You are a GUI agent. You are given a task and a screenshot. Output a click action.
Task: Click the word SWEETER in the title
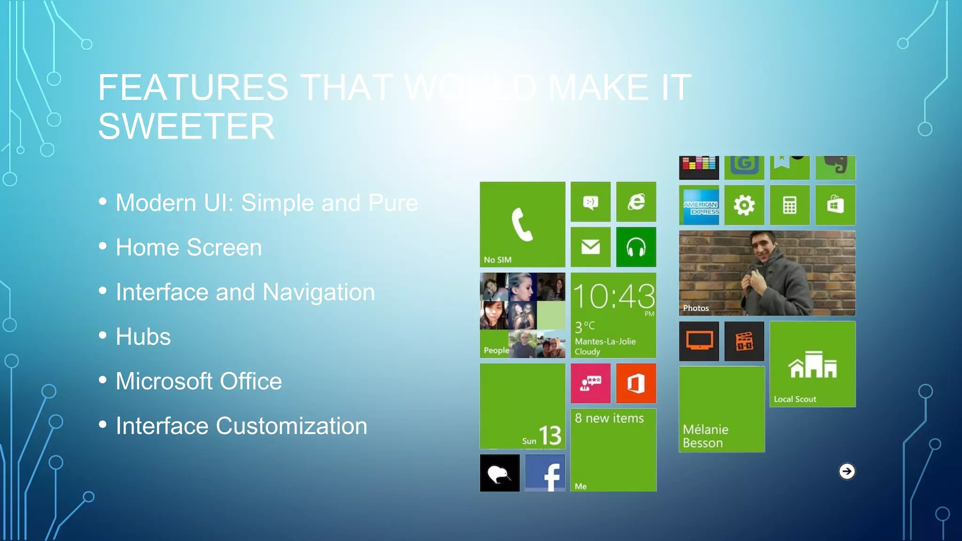click(x=186, y=127)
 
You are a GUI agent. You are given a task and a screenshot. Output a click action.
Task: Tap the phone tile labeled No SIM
click(x=522, y=224)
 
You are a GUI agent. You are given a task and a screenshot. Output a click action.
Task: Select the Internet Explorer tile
click(x=636, y=202)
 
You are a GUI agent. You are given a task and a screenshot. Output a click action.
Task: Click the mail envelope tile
click(x=590, y=247)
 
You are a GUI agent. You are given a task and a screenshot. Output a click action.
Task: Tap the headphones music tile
click(x=636, y=247)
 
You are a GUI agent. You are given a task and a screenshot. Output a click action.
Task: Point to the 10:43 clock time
click(x=613, y=297)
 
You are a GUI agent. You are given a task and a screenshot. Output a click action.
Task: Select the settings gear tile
click(x=744, y=205)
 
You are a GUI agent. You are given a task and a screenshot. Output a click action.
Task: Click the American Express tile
click(x=699, y=205)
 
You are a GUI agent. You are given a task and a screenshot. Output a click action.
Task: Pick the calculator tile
click(x=790, y=205)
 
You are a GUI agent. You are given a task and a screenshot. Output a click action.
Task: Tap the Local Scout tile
click(x=813, y=364)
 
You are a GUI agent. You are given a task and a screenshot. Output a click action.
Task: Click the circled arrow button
click(x=847, y=471)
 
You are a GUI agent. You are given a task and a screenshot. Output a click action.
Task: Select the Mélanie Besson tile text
click(x=706, y=436)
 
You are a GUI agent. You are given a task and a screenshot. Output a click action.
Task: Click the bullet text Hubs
click(x=143, y=337)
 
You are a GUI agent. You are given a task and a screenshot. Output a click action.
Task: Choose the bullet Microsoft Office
click(x=199, y=381)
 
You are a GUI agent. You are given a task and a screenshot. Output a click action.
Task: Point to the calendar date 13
click(x=550, y=435)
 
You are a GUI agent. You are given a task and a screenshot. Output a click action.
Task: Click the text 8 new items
click(x=609, y=418)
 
